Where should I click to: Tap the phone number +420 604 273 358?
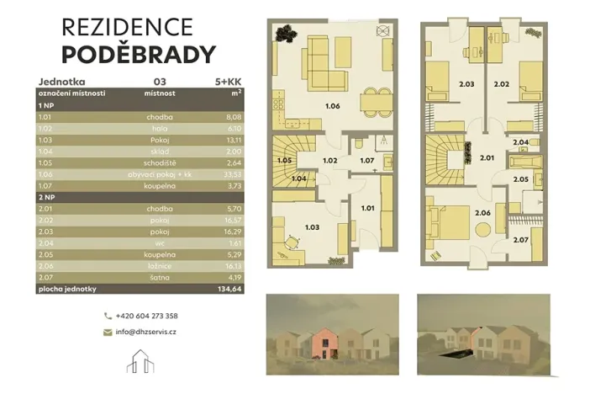click(148, 316)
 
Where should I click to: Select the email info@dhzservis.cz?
click(146, 333)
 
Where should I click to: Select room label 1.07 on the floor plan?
click(366, 160)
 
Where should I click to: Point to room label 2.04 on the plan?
click(522, 143)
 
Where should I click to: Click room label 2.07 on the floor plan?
click(522, 241)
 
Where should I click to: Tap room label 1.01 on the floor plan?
click(366, 207)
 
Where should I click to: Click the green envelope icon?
click(108, 333)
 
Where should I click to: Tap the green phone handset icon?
click(108, 316)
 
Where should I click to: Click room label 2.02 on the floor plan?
click(502, 84)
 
